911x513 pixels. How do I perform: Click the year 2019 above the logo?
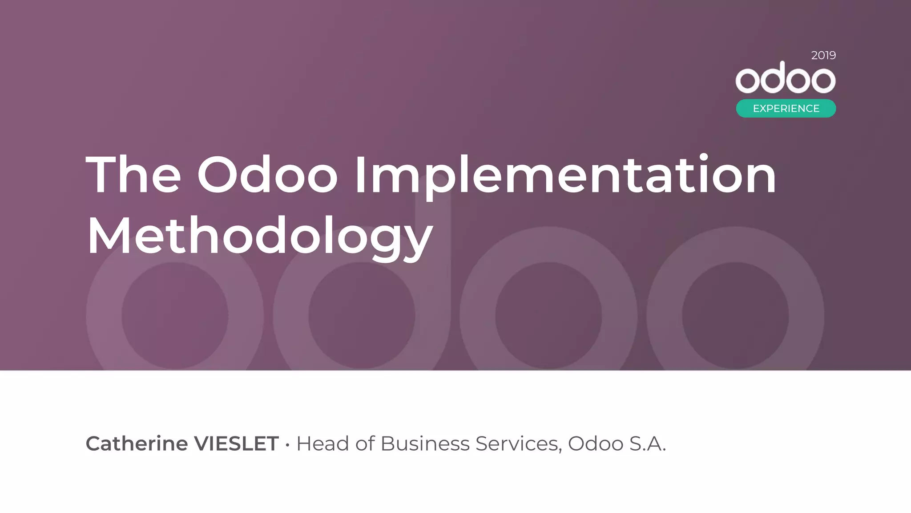[x=823, y=55]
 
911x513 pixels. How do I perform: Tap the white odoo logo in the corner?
[x=786, y=78]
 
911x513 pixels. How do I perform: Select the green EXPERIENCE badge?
[x=786, y=108]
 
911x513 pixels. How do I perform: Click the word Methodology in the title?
[x=260, y=236]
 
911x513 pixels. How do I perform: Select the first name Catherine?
[x=137, y=444]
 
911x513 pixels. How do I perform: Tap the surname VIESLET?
[x=237, y=444]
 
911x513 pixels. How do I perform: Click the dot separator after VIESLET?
[x=287, y=444]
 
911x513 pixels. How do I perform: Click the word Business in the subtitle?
[x=425, y=444]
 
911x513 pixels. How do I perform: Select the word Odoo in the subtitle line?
[x=596, y=444]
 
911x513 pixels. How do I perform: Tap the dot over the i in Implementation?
[x=703, y=157]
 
